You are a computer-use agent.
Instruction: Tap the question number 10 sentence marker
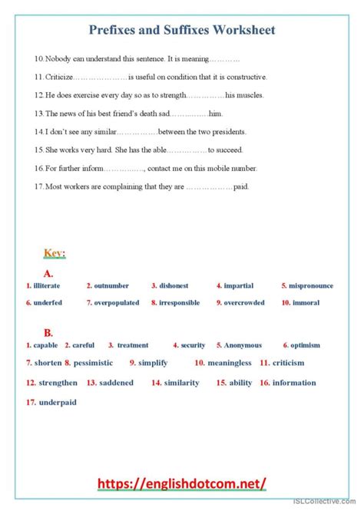pyautogui.click(x=38, y=58)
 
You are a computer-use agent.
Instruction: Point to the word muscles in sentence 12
pyautogui.click(x=248, y=95)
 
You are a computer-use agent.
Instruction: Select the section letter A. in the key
pyautogui.click(x=48, y=272)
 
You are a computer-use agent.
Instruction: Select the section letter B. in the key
pyautogui.click(x=48, y=332)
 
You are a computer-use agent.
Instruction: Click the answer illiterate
pyautogui.click(x=47, y=285)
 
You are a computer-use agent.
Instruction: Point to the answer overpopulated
pyautogui.click(x=117, y=303)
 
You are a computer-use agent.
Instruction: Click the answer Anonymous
pyautogui.click(x=243, y=345)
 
